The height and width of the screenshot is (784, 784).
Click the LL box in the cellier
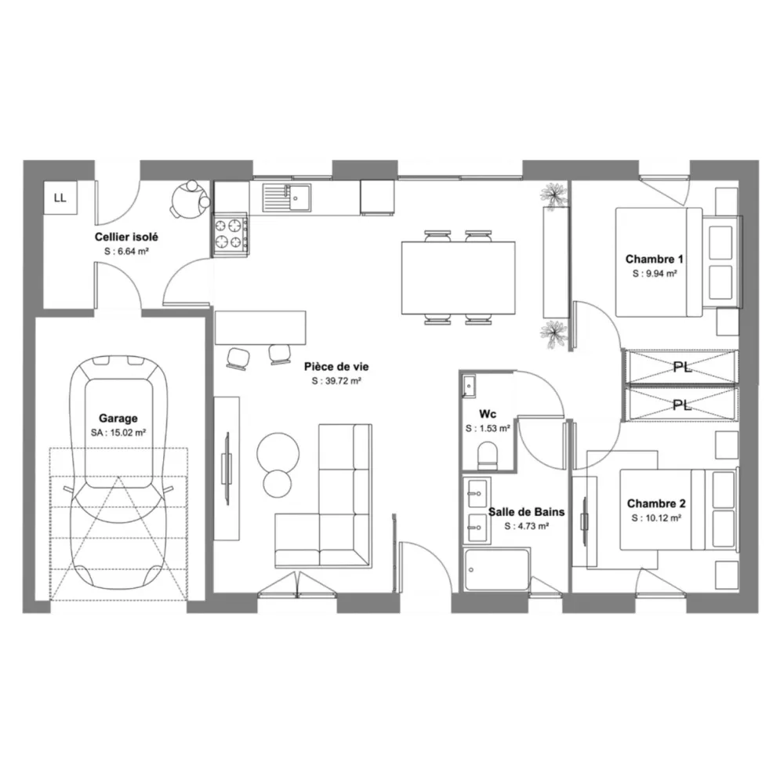click(x=60, y=198)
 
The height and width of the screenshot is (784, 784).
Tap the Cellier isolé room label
click(x=126, y=237)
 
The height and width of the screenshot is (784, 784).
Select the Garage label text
click(x=118, y=419)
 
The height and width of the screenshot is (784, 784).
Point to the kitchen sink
click(x=287, y=197)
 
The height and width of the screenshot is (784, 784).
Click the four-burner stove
click(x=230, y=234)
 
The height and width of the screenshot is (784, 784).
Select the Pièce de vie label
click(x=336, y=366)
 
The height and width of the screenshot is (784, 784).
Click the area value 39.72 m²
click(x=336, y=381)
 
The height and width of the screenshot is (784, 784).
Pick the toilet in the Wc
click(x=487, y=455)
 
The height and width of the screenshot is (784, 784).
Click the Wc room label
click(x=487, y=414)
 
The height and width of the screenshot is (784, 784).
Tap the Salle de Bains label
click(x=526, y=512)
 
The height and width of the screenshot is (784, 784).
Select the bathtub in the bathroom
click(x=496, y=570)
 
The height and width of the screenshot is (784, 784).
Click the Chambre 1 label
click(x=655, y=260)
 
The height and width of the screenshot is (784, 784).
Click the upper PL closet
click(x=681, y=366)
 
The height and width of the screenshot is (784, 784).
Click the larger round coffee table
click(x=277, y=450)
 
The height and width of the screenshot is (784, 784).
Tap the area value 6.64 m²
click(x=126, y=252)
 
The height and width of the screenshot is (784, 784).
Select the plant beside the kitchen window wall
click(x=555, y=194)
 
